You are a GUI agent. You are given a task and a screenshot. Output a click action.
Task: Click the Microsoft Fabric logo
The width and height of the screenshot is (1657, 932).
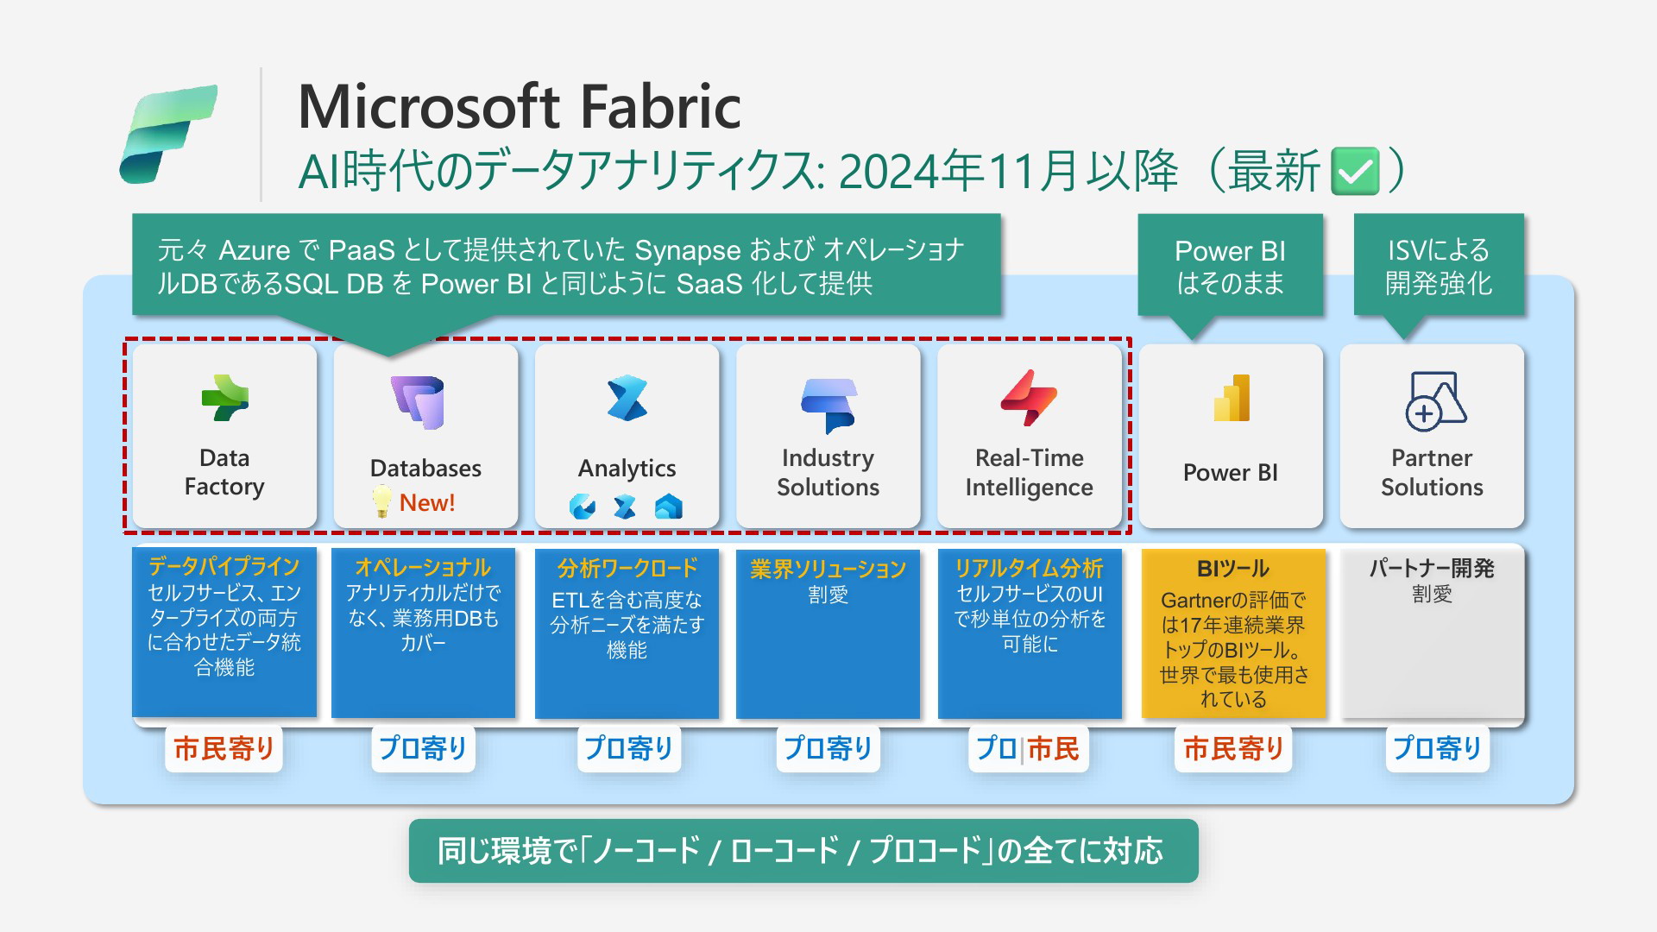click(168, 134)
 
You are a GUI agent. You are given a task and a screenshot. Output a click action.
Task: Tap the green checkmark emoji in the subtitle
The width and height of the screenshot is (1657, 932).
click(1355, 171)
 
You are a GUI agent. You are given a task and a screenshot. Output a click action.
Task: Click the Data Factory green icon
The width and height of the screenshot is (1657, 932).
click(225, 398)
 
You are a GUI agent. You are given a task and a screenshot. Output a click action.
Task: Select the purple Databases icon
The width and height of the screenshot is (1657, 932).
click(419, 402)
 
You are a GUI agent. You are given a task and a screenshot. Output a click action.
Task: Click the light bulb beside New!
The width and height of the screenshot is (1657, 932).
click(381, 501)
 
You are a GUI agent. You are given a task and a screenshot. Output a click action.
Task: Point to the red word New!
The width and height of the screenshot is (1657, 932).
click(427, 502)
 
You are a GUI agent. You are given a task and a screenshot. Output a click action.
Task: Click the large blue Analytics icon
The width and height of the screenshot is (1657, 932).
click(627, 398)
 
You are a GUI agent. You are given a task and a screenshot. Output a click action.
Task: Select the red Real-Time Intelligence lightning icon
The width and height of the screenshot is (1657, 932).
click(1029, 398)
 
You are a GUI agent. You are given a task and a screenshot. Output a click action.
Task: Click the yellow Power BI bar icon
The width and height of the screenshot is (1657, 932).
click(1232, 398)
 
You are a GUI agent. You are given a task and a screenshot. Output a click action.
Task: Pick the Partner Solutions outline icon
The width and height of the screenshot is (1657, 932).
click(1434, 400)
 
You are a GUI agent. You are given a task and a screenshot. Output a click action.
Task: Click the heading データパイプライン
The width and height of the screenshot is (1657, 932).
click(224, 566)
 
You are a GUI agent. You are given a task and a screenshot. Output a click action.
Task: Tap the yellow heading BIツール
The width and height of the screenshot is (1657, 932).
click(1233, 569)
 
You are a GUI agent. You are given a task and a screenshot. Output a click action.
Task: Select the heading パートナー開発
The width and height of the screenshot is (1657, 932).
click(1432, 568)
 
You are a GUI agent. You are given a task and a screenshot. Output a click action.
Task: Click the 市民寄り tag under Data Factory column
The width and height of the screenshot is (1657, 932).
click(224, 748)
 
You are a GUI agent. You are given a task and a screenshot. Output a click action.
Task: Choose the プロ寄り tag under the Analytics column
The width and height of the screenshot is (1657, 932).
click(628, 748)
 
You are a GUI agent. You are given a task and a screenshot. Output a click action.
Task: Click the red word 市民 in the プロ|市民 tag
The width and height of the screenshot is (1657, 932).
click(1053, 748)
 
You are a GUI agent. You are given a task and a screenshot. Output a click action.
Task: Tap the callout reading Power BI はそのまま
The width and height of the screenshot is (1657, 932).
click(1230, 268)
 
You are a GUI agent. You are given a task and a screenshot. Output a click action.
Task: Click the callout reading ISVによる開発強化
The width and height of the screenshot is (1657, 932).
click(1439, 268)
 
